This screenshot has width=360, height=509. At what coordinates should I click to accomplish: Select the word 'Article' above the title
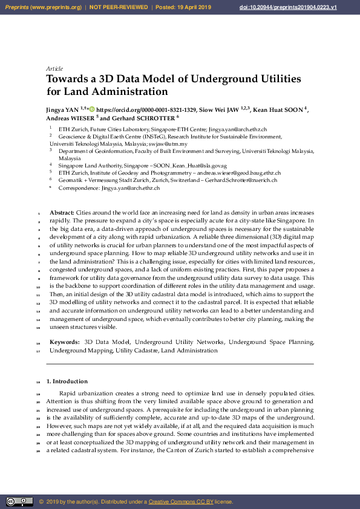54,69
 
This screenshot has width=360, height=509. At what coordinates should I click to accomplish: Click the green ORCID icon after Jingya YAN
92,110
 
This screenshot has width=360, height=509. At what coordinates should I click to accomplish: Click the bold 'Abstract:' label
62,213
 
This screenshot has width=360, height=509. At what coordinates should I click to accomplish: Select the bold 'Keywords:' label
64,342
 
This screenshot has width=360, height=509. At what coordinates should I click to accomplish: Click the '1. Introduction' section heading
67,381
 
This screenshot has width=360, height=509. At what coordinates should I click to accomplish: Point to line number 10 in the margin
38,286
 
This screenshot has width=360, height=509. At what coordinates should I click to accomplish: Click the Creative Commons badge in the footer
19,502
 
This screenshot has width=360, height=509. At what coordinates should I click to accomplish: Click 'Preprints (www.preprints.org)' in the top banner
43,7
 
